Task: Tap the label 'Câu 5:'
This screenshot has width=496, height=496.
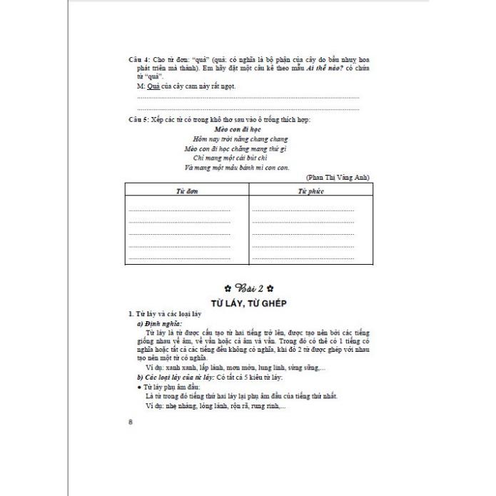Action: point(138,119)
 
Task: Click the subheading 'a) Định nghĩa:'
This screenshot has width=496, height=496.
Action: point(160,324)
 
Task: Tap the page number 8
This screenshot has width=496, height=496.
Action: point(131,421)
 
